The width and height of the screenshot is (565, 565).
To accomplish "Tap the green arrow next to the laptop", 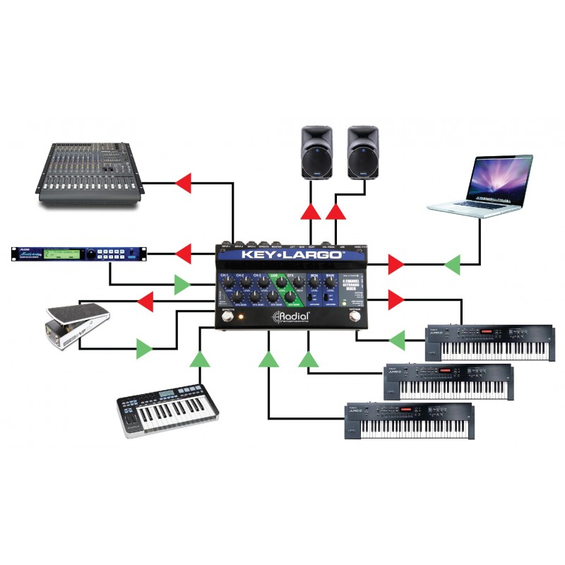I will [x=453, y=266].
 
